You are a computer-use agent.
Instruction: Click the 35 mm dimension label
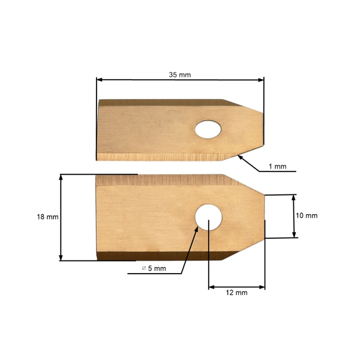180,75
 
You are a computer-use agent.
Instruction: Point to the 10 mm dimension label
307,216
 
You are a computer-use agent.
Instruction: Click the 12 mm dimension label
236,293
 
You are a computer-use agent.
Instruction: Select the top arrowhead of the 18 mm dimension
61,178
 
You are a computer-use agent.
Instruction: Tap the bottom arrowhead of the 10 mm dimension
293,235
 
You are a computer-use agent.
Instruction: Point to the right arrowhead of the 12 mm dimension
261,287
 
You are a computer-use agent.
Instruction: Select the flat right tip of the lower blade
264,216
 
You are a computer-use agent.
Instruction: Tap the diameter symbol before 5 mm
144,268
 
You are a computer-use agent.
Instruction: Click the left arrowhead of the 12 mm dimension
211,287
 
